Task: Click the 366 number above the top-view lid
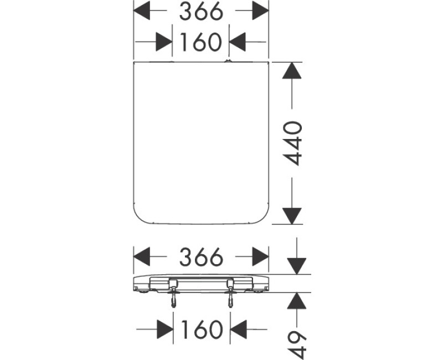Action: coord(200,11)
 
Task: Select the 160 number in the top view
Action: coord(200,42)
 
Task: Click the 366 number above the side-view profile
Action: coord(200,256)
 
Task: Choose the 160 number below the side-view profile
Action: coord(200,330)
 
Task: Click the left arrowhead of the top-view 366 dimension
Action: coord(143,11)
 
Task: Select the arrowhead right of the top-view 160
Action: coord(238,42)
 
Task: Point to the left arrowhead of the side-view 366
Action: coord(143,256)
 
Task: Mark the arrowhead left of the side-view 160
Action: coord(164,330)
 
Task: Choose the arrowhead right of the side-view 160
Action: coord(238,330)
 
